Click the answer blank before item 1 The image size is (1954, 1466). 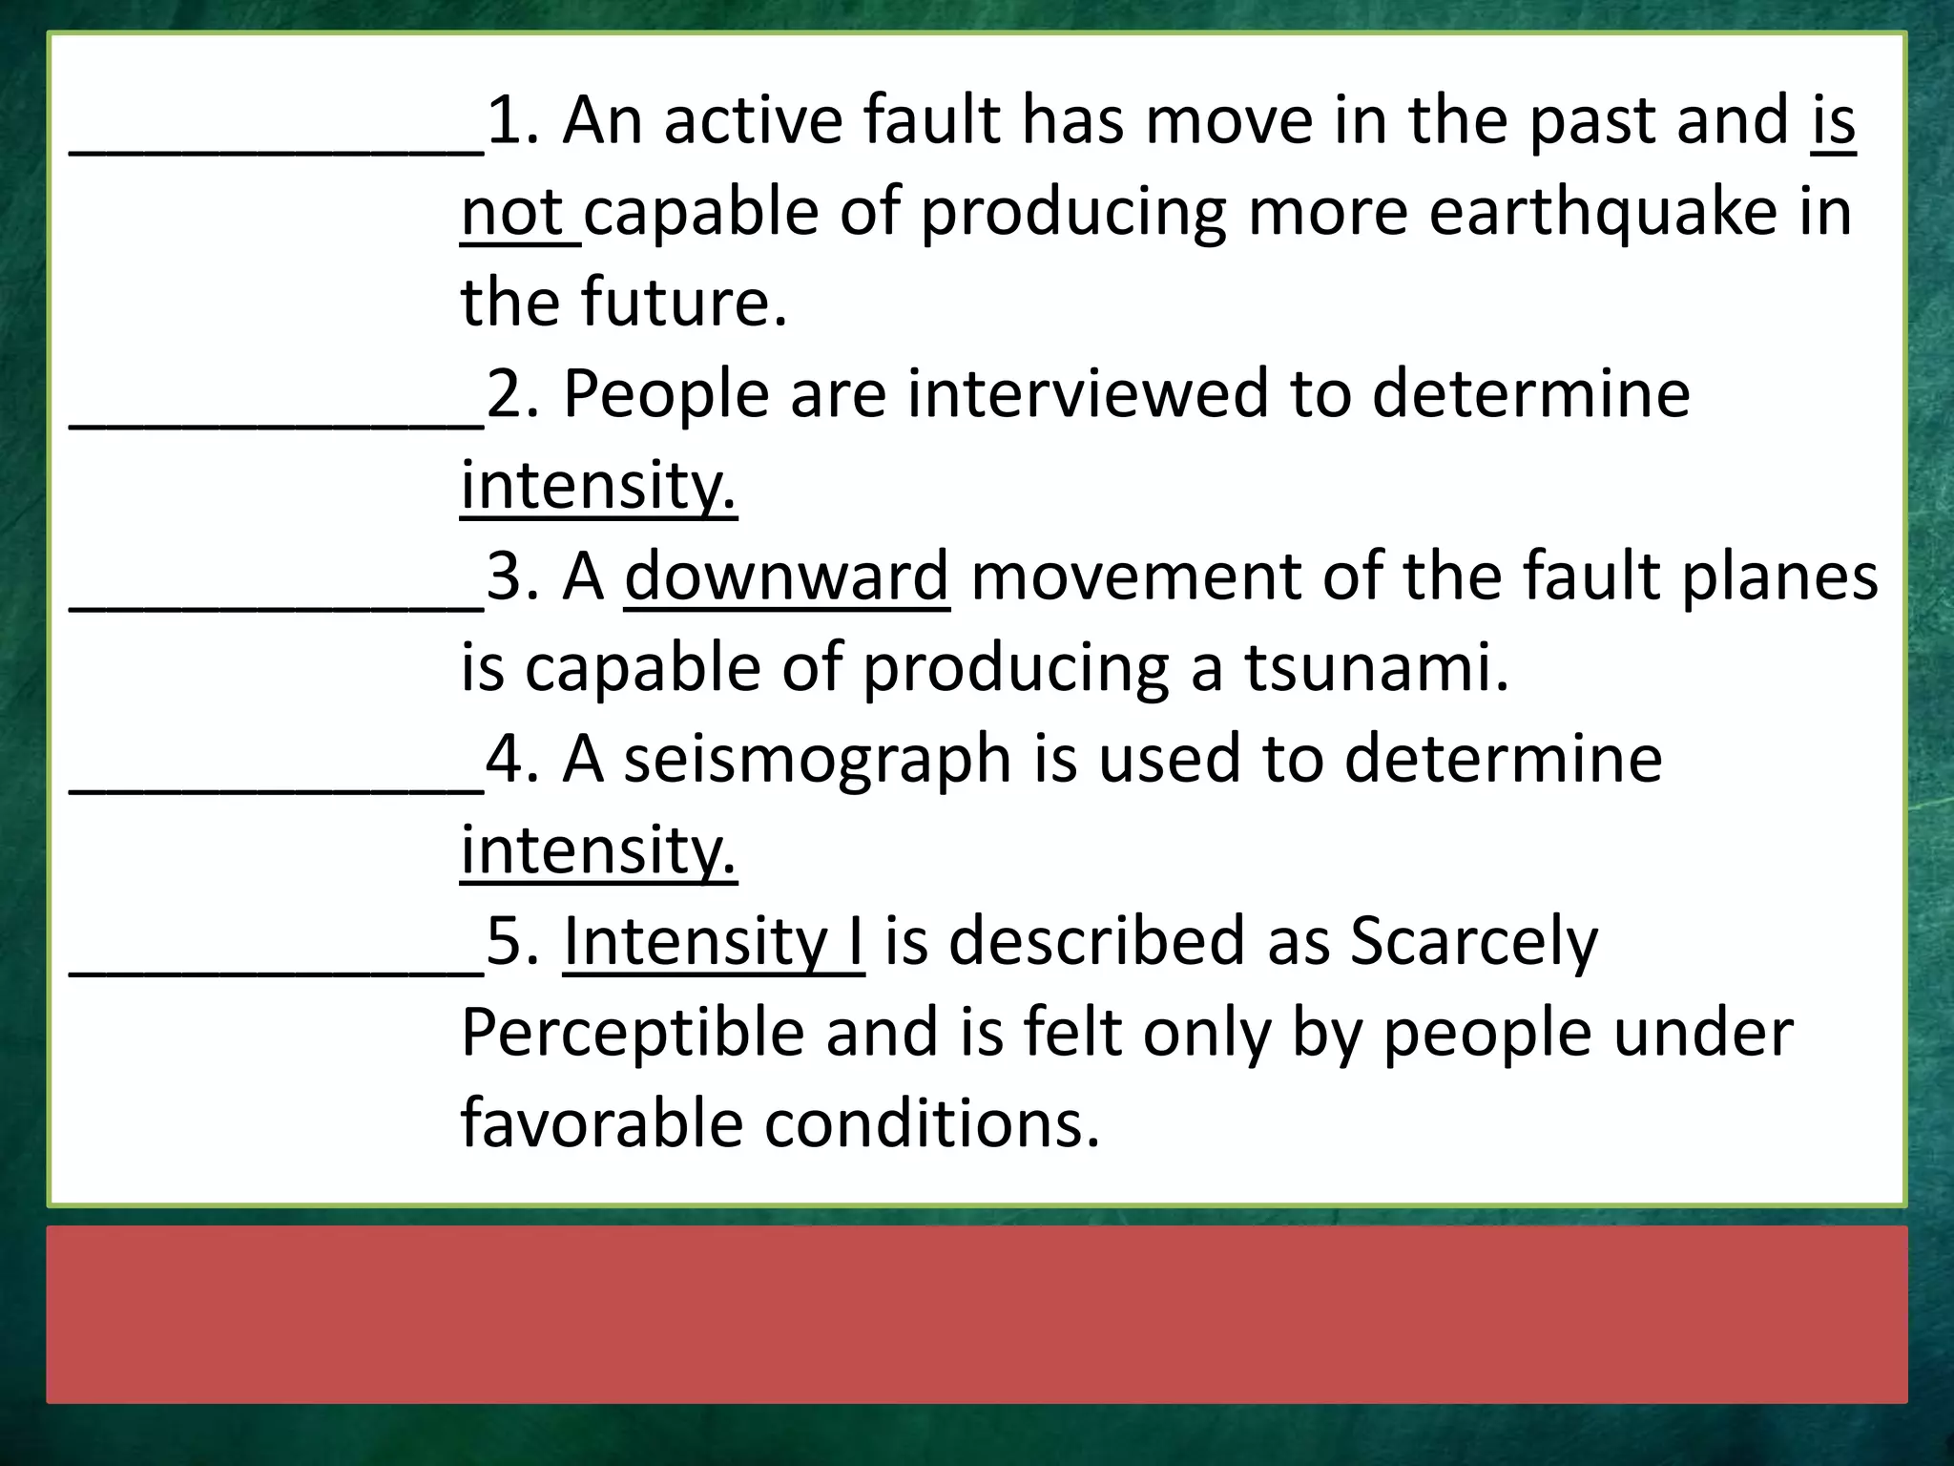pos(277,143)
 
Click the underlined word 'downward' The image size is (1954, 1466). pos(787,576)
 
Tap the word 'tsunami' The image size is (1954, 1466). pos(1377,667)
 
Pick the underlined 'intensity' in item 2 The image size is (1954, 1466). pos(598,486)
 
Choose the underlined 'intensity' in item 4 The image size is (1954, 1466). pos(598,850)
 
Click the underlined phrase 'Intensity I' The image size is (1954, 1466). pos(714,941)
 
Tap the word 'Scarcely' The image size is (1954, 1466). pos(1474,941)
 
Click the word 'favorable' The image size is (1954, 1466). pos(602,1123)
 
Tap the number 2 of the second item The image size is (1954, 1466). pos(502,394)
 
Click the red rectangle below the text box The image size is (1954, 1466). pos(977,1314)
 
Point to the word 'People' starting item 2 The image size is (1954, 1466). pos(666,394)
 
